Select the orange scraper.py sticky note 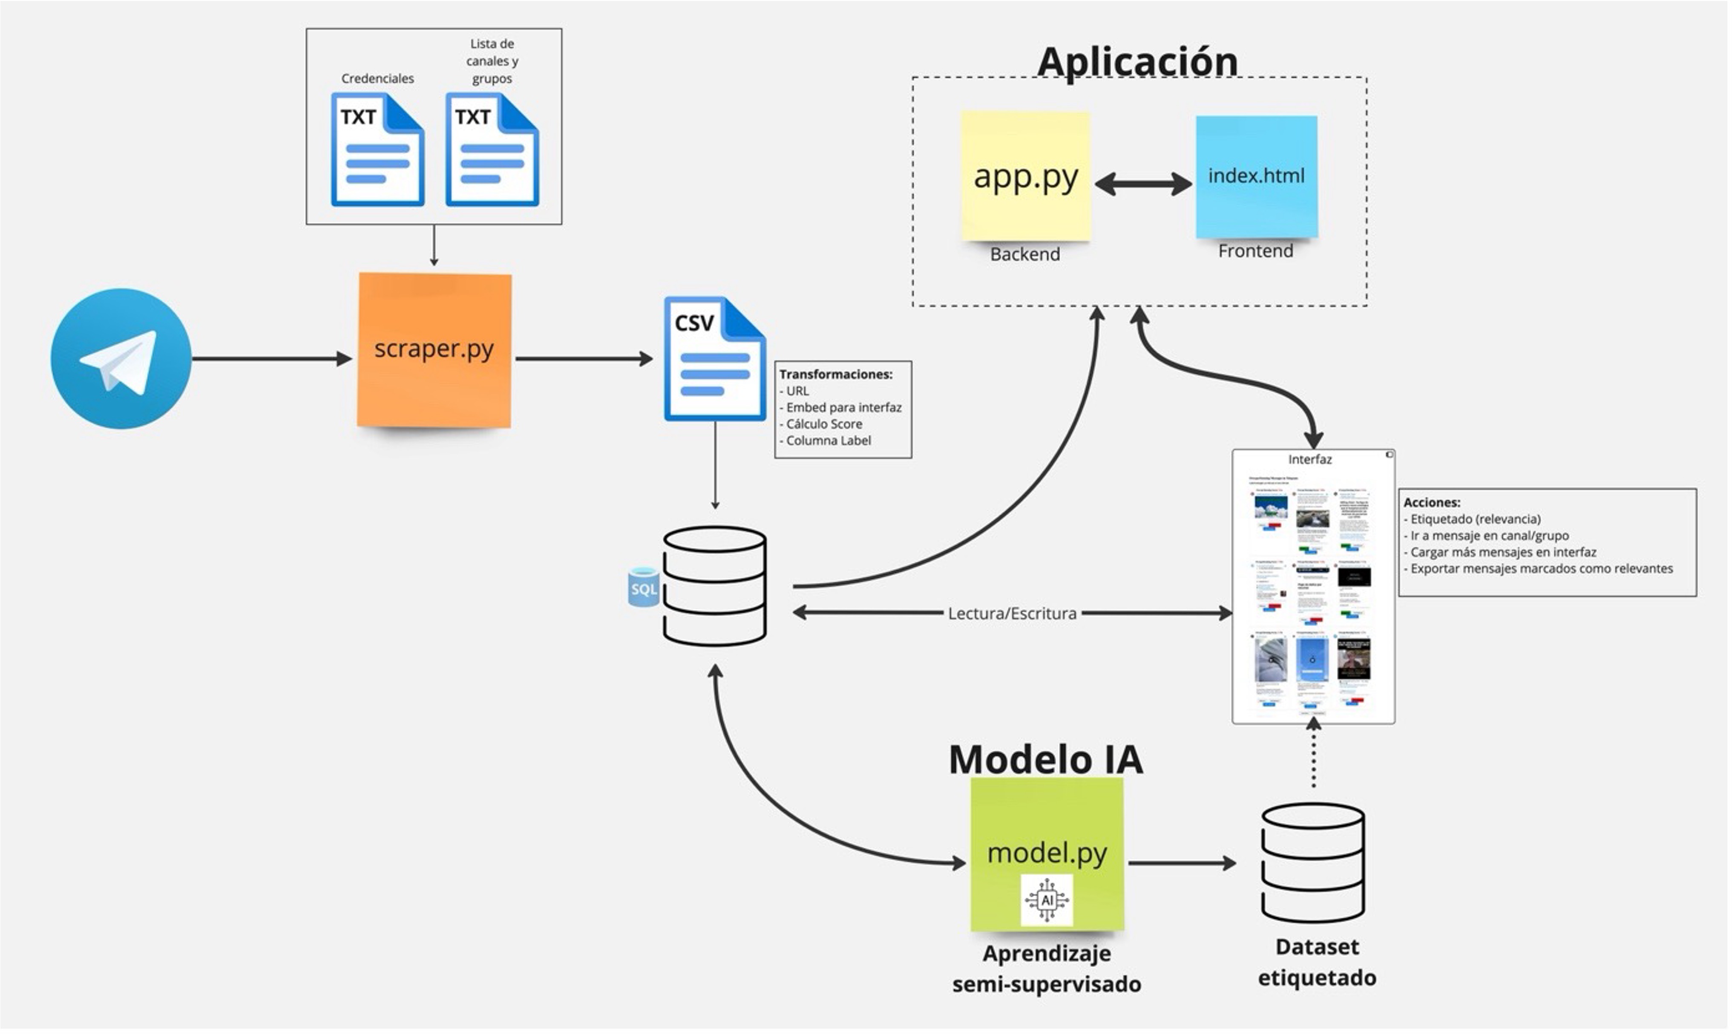tap(434, 350)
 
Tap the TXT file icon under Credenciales tap(377, 150)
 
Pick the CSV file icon tap(715, 359)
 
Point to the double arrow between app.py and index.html tap(1143, 184)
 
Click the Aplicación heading tap(1137, 61)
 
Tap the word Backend tap(1025, 254)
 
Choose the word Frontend tap(1255, 251)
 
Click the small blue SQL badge tap(643, 588)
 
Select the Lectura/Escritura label tap(1012, 614)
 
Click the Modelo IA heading tap(1046, 759)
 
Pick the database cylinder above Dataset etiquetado tap(1313, 863)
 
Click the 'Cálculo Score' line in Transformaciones tap(824, 424)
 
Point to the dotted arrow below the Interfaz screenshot tap(1314, 757)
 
